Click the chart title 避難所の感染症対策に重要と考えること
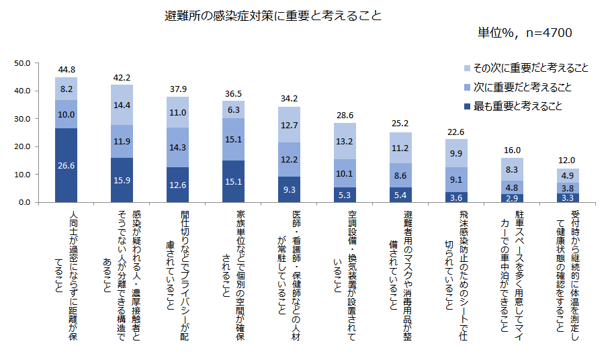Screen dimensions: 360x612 pyautogui.click(x=273, y=15)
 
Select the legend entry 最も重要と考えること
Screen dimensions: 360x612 pyautogui.click(x=517, y=105)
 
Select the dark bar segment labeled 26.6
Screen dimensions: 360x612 pyautogui.click(x=67, y=165)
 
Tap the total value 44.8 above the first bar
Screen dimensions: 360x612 pyautogui.click(x=67, y=69)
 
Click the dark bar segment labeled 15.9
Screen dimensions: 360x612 pyautogui.click(x=122, y=180)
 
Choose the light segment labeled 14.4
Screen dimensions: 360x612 pyautogui.click(x=122, y=105)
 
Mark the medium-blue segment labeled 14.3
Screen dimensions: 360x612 pyautogui.click(x=178, y=147)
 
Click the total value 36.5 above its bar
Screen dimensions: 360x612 pyautogui.click(x=234, y=94)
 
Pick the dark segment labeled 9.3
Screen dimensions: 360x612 pyautogui.click(x=290, y=189)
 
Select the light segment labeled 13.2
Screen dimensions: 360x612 pyautogui.click(x=345, y=141)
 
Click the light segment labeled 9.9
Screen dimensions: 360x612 pyautogui.click(x=457, y=153)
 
